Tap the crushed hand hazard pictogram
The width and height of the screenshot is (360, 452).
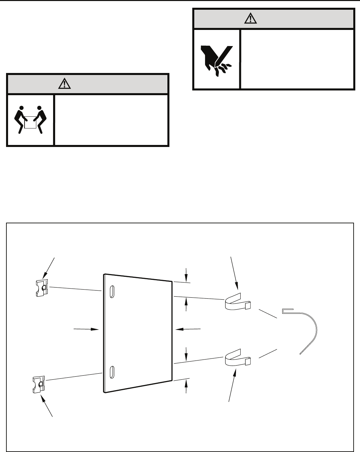[216, 59]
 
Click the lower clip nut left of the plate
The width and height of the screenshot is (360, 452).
[38, 385]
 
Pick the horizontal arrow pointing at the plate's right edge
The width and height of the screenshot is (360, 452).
[188, 329]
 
